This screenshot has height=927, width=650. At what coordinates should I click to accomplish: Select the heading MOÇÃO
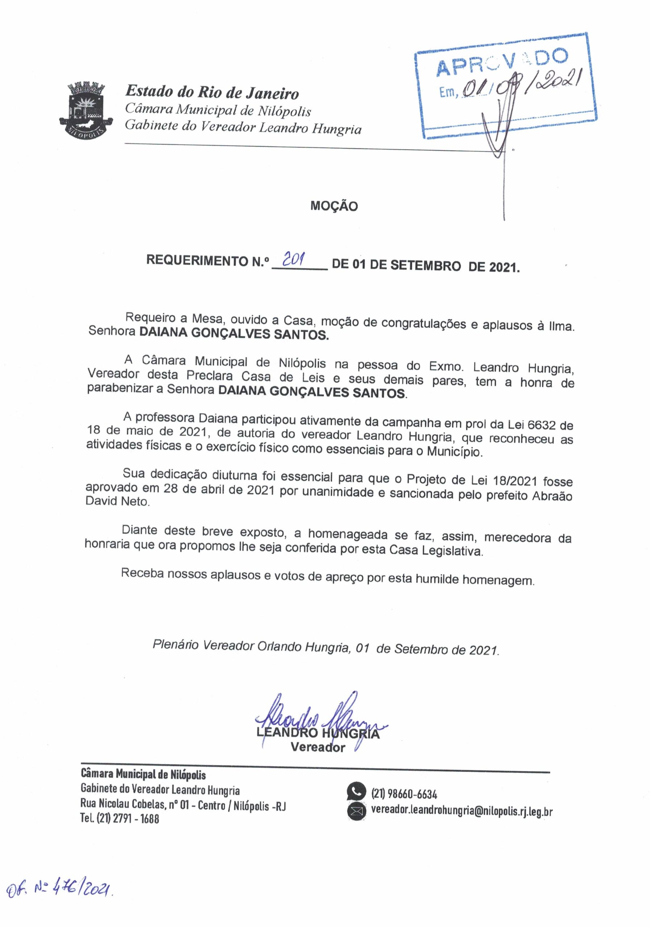334,206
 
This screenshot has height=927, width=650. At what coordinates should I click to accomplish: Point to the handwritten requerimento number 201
294,259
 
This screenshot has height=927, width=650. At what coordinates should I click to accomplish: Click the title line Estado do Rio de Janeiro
212,92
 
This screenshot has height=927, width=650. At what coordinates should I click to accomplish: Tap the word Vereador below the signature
318,747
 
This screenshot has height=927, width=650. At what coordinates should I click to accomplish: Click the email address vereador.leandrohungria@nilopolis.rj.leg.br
461,811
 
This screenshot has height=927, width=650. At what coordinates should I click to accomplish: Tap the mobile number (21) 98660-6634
404,794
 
